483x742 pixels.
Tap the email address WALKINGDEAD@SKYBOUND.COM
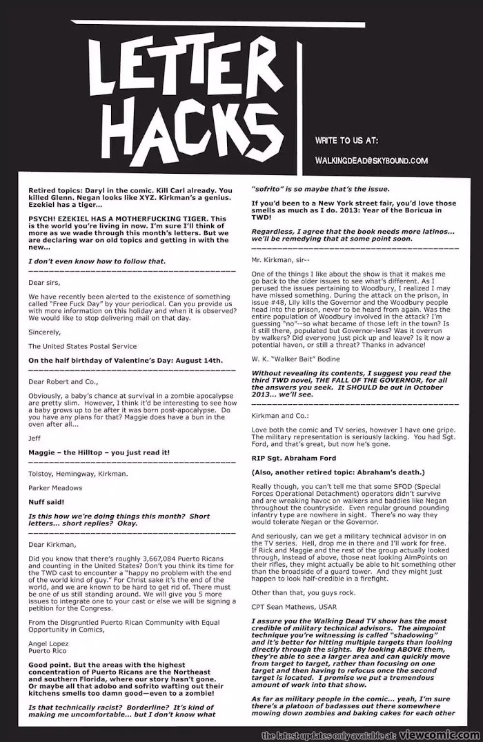pyautogui.click(x=371, y=161)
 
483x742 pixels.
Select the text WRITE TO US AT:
pyautogui.click(x=346, y=141)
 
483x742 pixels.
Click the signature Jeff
pyautogui.click(x=34, y=438)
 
